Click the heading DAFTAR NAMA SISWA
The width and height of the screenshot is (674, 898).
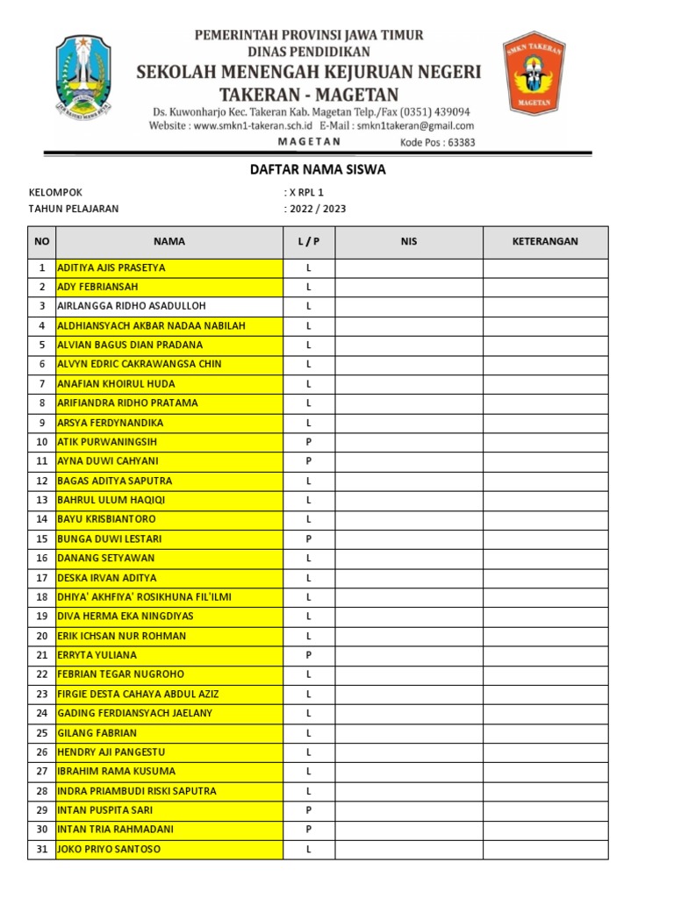[x=318, y=170]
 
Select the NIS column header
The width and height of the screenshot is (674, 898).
[x=408, y=241]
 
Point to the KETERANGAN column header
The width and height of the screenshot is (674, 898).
[x=545, y=241]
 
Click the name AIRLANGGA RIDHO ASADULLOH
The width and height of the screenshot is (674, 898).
[x=131, y=306]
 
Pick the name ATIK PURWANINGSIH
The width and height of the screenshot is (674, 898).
[x=107, y=442]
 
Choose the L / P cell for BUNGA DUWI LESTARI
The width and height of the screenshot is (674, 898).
[x=309, y=538]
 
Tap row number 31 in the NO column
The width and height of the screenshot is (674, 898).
[x=41, y=849]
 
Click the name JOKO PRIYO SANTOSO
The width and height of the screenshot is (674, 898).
[x=109, y=849]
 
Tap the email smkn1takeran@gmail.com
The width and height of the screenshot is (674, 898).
[x=415, y=126]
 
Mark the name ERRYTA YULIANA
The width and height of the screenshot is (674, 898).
[x=97, y=655]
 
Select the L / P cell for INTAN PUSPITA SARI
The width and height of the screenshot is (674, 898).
[x=309, y=810]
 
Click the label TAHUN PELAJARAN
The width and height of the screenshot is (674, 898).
[x=74, y=209]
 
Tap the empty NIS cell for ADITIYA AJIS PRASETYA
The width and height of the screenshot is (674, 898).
[x=408, y=267]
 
